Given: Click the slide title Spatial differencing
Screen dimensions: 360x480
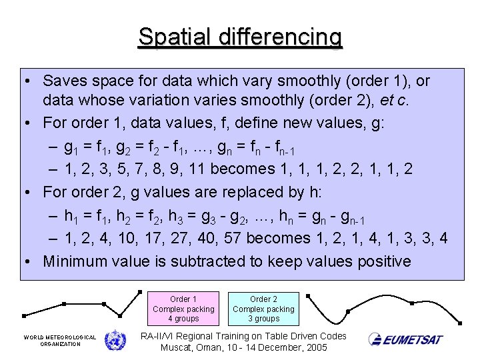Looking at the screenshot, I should pyautogui.click(x=240, y=37).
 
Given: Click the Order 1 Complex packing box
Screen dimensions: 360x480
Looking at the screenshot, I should pyautogui.click(x=183, y=309).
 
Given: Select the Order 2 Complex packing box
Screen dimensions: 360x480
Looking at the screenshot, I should pyautogui.click(x=263, y=309).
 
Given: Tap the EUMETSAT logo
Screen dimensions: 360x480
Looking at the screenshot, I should pyautogui.click(x=406, y=339).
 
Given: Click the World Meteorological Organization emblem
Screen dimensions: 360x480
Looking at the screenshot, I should pyautogui.click(x=115, y=340).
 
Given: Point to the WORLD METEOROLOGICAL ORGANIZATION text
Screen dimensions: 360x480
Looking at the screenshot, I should pyautogui.click(x=60, y=341).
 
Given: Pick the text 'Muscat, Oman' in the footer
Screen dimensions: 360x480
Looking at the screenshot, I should pyautogui.click(x=191, y=348).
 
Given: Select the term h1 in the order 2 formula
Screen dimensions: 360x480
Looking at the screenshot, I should pyautogui.click(x=69, y=216).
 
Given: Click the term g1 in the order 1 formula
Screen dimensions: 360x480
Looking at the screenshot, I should pyautogui.click(x=69, y=147).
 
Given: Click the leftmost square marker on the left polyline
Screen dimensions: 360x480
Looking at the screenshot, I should pyautogui.click(x=24, y=315).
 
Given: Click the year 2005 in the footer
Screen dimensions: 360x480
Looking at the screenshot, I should pyautogui.click(x=315, y=348).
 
